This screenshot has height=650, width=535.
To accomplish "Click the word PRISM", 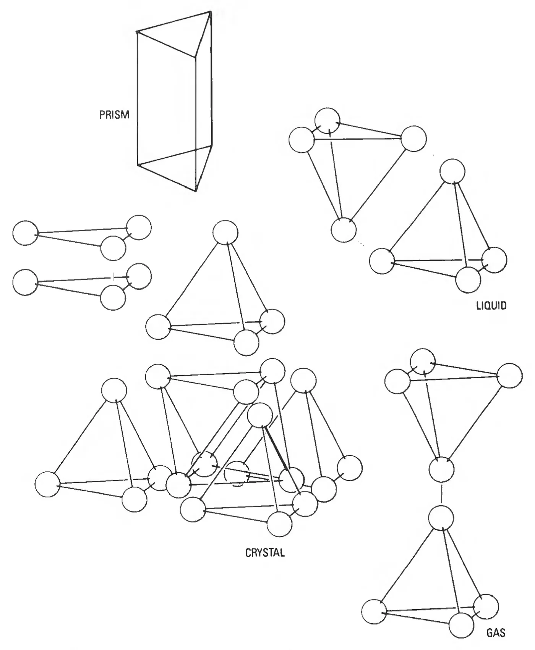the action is tap(114, 115).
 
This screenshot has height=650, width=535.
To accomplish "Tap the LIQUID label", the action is tap(491, 305).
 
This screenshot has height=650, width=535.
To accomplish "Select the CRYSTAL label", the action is tap(265, 553).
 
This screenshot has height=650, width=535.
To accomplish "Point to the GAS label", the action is tap(496, 633).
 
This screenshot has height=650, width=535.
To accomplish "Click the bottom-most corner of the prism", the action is tap(196, 191).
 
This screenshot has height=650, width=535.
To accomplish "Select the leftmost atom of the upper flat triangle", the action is tap(25, 233).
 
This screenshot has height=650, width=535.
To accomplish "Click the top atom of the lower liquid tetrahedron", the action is tap(452, 172).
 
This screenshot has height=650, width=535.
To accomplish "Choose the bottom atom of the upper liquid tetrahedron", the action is tap(344, 230).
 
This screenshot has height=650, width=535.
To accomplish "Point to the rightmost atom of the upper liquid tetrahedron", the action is tap(413, 139).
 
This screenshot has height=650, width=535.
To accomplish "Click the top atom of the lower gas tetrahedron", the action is tap(441, 518).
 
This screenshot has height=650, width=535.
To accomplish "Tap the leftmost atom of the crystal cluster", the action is tap(48, 484).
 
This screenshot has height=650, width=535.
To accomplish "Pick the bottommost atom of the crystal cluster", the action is tap(279, 524).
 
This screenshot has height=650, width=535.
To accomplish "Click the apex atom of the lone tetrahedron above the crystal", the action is tap(225, 232).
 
